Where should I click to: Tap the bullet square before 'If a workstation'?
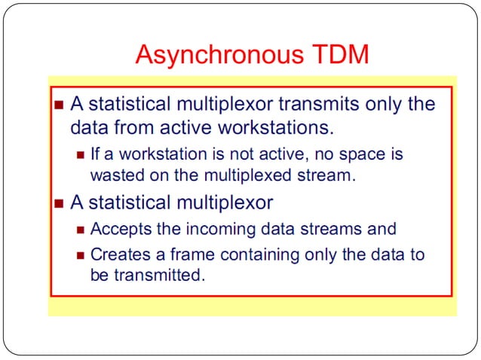tap(81, 155)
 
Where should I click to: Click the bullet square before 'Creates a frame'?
tap(81, 255)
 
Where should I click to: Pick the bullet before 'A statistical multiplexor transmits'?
tap(60, 105)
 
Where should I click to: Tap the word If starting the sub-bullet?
tap(96, 154)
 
